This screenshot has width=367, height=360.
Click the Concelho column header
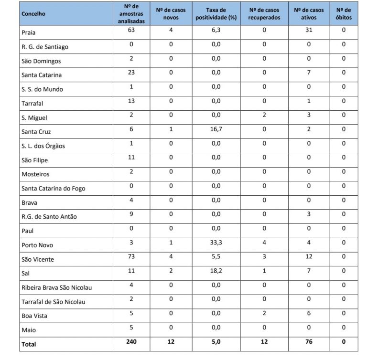33,14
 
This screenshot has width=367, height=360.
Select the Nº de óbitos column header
343,14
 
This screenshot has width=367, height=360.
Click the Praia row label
29,33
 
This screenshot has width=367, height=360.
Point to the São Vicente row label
38,259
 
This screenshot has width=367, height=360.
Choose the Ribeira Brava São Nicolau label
57,287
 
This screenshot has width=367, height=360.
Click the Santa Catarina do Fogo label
54,189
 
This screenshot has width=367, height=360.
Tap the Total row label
29,344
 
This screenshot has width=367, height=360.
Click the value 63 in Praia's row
131,31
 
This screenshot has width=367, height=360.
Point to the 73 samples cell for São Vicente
131,257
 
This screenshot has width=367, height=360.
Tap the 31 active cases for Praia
308,31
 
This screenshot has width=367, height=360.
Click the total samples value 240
131,342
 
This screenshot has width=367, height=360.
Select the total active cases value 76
308,342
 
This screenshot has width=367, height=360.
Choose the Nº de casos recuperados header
264,14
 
